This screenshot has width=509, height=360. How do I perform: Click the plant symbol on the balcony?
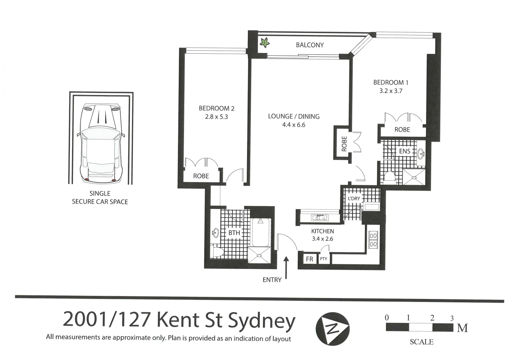265,43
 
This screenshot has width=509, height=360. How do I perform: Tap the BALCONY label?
310,45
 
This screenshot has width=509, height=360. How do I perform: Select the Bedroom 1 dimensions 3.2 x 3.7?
391,91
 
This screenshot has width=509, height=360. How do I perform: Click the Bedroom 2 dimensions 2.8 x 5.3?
216,117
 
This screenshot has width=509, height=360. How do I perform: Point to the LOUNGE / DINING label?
294,116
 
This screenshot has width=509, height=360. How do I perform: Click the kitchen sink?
320,218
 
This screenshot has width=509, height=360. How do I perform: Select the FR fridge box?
309,259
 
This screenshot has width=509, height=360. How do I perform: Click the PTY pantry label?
323,259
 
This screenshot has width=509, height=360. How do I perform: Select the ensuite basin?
421,154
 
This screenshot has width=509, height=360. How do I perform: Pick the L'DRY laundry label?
354,199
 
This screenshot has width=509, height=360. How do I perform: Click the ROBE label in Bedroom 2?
201,176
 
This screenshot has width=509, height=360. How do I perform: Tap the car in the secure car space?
101,143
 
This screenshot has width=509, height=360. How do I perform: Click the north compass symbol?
332,329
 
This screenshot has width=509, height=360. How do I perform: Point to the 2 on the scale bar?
432,318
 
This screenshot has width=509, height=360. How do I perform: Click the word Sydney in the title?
262,320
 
